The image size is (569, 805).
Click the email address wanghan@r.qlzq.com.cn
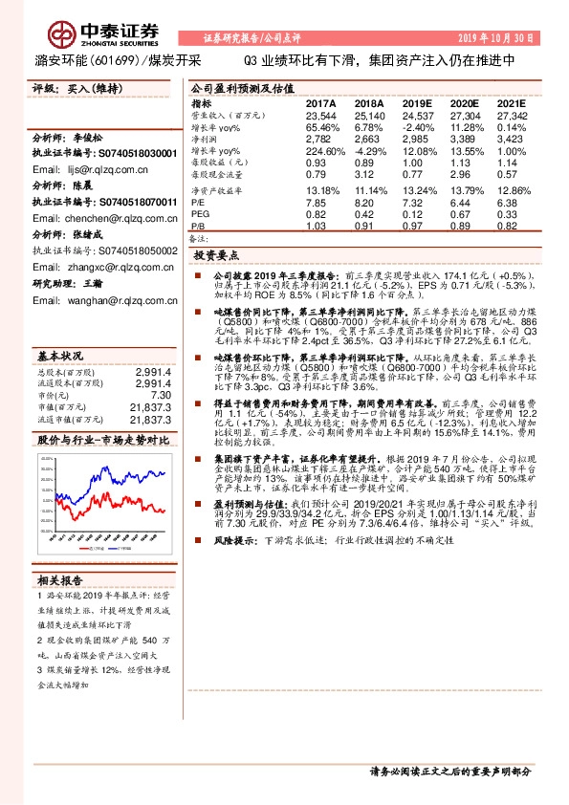tap(94, 300)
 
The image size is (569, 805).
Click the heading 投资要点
tap(216, 256)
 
